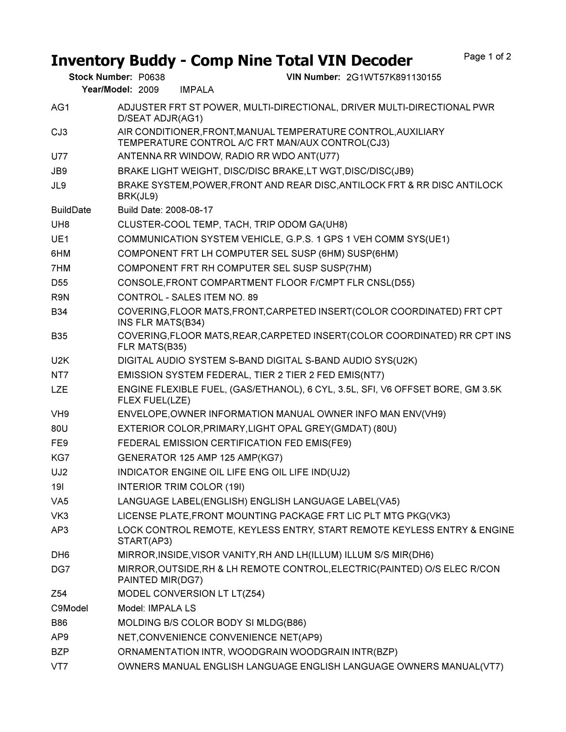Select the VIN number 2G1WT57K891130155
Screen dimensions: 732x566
pos(394,77)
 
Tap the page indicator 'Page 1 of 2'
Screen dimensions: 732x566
pos(487,57)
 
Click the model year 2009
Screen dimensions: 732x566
pos(148,90)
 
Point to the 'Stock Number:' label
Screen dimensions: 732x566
pos(100,77)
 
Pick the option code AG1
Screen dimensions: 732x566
pos(60,107)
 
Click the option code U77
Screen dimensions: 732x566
pos(59,156)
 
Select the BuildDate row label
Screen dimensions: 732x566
pos(71,210)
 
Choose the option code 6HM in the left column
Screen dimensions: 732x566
pos(61,254)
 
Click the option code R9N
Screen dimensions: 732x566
pos(60,297)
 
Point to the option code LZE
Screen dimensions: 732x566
pos(59,389)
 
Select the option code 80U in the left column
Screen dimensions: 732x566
pos(59,428)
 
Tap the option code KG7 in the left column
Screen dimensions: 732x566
pos(60,457)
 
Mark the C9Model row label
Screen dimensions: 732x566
pos(69,608)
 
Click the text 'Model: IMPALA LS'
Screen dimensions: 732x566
pos(157,608)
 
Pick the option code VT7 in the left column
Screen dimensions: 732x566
pos(59,666)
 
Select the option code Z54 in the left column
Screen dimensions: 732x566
pos(59,594)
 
